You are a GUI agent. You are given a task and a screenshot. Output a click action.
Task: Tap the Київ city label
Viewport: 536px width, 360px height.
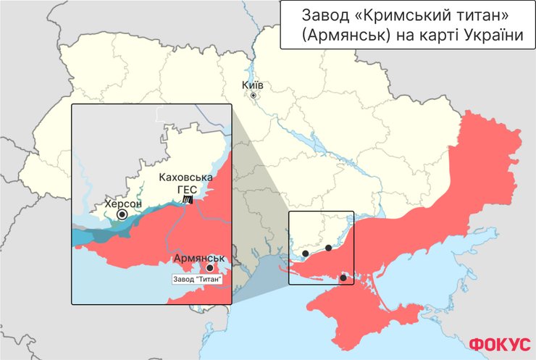click(254, 85)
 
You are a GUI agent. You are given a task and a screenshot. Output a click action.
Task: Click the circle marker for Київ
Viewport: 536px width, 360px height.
click(254, 96)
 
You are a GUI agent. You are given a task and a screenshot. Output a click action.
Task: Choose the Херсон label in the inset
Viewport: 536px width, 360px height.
click(123, 204)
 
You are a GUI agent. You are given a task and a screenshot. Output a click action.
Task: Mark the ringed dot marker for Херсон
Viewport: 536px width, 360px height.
click(122, 214)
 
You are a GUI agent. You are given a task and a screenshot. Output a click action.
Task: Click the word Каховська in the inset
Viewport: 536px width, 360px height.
click(185, 177)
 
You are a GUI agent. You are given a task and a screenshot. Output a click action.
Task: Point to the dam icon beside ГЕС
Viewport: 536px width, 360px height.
click(188, 199)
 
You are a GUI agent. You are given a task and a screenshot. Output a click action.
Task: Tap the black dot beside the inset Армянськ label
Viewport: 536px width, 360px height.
click(210, 268)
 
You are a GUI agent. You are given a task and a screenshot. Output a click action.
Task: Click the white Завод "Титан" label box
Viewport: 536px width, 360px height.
click(196, 279)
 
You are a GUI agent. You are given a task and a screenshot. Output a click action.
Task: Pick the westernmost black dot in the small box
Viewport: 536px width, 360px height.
click(306, 254)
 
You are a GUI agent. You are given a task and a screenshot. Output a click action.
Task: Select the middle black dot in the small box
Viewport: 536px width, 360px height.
click(328, 248)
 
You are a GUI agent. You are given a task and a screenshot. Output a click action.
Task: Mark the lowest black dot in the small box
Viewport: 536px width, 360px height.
click(343, 277)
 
